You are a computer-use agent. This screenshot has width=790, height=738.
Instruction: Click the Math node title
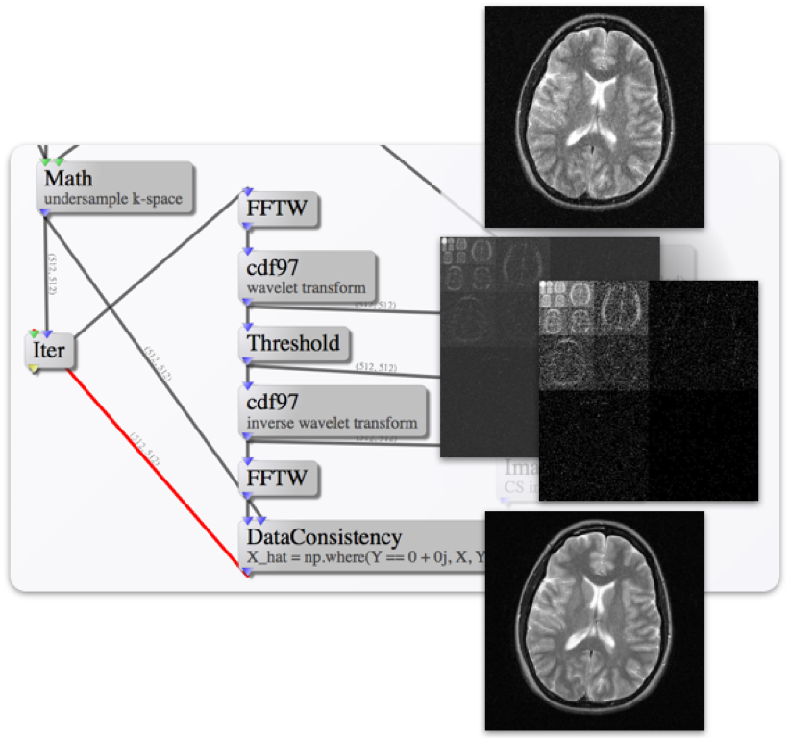coord(68,179)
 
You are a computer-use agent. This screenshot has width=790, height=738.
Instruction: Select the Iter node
coord(49,350)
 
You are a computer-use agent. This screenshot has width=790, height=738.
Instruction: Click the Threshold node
coord(292,343)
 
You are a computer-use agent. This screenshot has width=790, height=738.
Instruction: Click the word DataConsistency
coord(324,536)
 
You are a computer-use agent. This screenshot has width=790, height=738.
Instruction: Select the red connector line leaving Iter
coord(154,470)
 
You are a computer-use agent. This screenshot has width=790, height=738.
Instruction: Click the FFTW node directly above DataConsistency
coord(279,478)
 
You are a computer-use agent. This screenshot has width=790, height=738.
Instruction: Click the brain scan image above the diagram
coord(594,116)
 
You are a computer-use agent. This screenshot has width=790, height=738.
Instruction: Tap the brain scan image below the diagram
coord(594,621)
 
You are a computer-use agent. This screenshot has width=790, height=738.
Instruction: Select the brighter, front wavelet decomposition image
coord(649,389)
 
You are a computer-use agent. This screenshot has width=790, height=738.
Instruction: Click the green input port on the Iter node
coord(35,332)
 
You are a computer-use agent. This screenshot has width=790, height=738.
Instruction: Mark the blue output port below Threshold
coord(247,361)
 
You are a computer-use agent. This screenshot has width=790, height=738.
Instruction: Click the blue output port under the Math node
coord(44,213)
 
